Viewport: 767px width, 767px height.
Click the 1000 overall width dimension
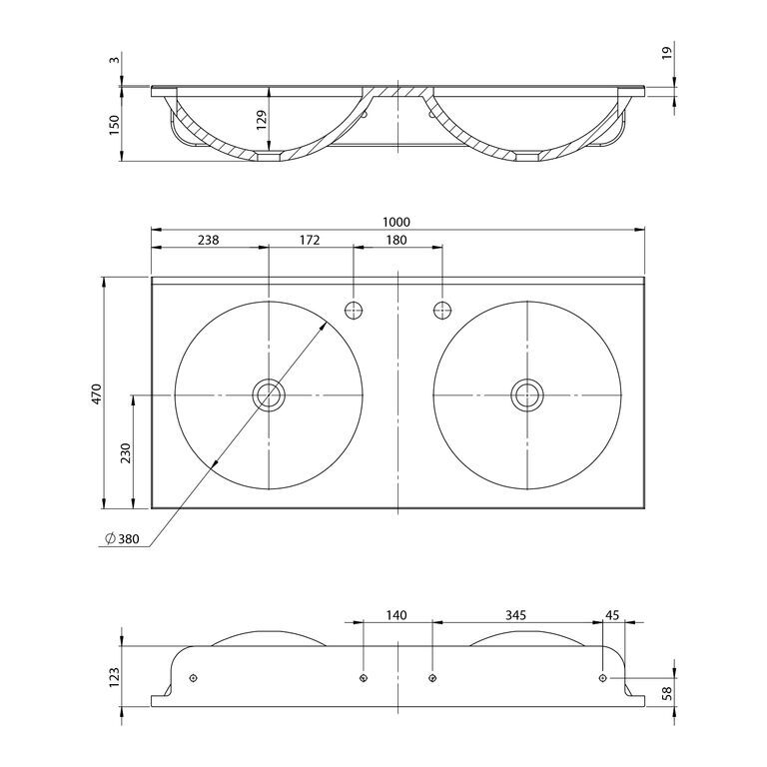pos(396,222)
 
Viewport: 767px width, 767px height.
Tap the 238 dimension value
pos(209,240)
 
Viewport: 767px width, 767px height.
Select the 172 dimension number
pos(310,240)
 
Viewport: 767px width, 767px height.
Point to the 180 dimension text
pos(396,240)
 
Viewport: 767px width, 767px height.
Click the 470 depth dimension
pos(96,393)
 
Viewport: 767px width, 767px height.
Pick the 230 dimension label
pos(126,453)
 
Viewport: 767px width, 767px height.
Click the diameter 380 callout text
pos(122,539)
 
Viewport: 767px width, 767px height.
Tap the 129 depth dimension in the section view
pos(262,120)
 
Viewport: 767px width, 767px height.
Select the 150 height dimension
pos(114,125)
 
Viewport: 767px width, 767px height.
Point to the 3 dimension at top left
pos(114,60)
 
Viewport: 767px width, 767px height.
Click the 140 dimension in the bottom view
pos(396,615)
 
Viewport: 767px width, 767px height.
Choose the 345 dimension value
pos(515,615)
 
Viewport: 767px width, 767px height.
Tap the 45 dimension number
pos(612,615)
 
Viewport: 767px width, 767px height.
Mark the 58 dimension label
pos(667,693)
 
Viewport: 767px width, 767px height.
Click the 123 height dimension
pos(114,677)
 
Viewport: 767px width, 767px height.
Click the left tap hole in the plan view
pos(354,311)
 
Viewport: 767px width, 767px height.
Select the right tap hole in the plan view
pos(442,311)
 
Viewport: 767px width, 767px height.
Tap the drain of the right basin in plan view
pos(527,394)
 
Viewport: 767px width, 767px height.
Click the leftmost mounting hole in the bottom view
pos(193,677)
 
